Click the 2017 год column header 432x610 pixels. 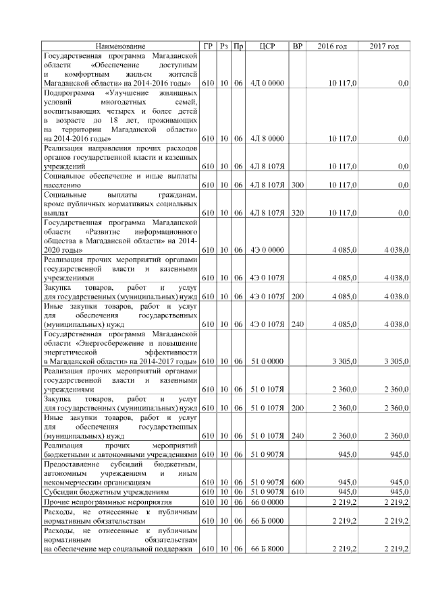pyautogui.click(x=384, y=46)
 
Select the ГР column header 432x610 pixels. pyautogui.click(x=209, y=46)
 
